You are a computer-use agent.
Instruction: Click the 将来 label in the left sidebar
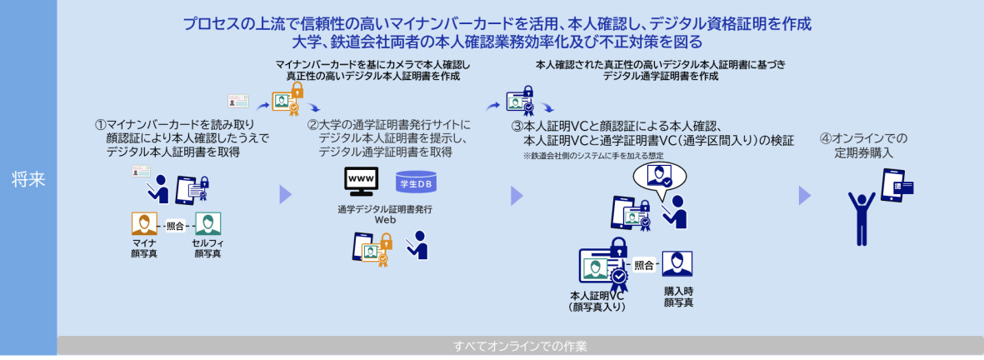click(28, 179)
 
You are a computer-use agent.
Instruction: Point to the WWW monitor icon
click(361, 182)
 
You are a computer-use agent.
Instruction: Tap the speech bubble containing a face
click(658, 177)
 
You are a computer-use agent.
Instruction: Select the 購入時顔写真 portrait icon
click(677, 264)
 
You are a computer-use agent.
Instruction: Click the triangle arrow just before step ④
click(804, 195)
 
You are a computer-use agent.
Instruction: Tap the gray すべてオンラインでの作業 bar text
click(520, 346)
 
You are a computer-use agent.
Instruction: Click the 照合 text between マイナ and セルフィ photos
click(175, 226)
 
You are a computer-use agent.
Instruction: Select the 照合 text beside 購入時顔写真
click(644, 265)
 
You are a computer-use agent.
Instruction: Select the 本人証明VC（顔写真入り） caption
click(597, 301)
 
